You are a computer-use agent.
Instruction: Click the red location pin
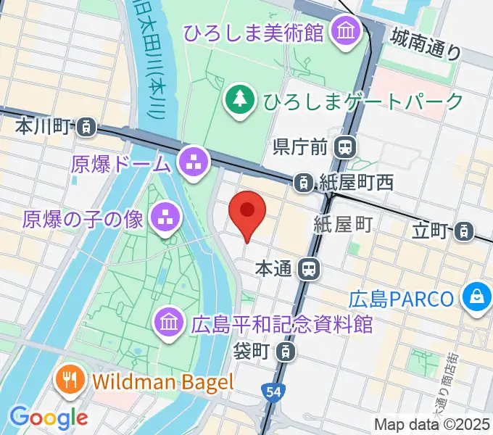coord(247,212)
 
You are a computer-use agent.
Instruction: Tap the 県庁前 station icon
coord(345,147)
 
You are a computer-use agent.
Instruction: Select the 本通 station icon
coord(310,269)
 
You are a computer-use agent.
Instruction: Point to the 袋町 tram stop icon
coord(288,352)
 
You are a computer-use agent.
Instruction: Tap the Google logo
coord(49,417)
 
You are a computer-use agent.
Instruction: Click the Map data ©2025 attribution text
coord(433,424)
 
